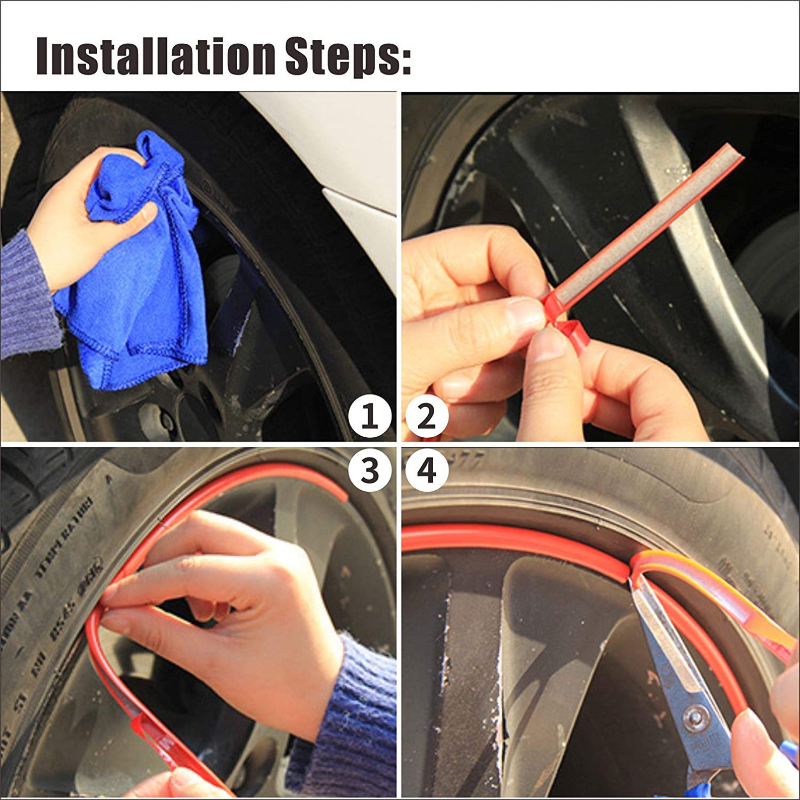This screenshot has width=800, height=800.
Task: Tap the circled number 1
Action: (x=370, y=416)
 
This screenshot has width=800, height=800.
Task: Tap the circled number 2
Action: (x=427, y=416)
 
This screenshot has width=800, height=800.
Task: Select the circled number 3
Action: (x=370, y=471)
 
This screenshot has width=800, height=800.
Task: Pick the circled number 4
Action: (x=427, y=471)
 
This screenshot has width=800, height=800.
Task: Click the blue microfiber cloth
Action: (x=141, y=282)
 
